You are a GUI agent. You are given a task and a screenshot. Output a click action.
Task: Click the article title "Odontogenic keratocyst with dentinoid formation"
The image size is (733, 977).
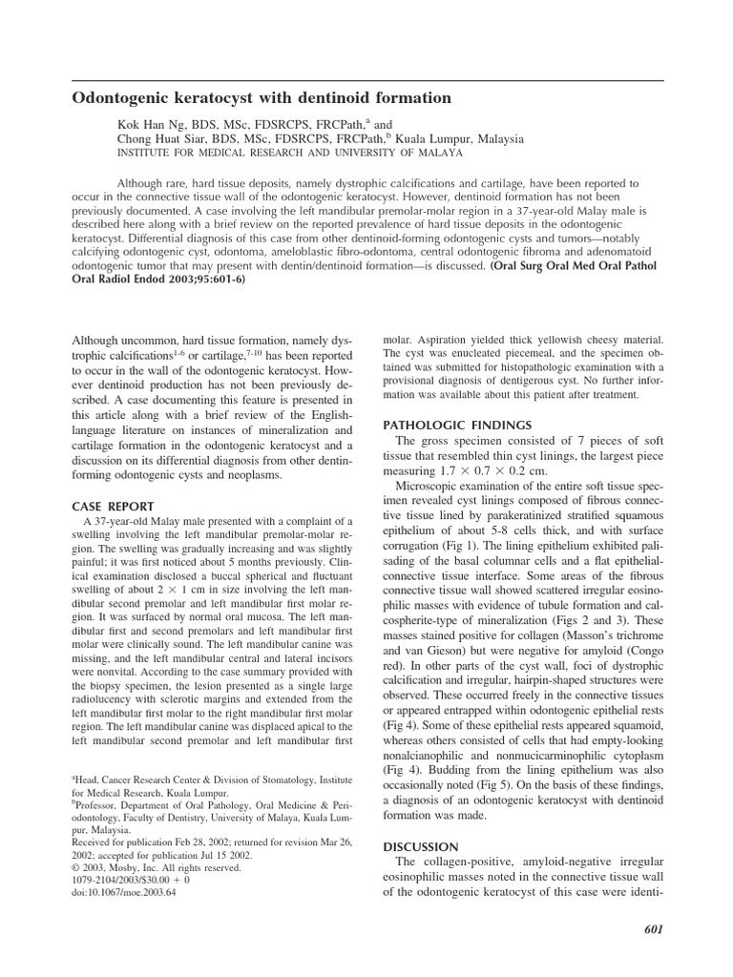point(262,98)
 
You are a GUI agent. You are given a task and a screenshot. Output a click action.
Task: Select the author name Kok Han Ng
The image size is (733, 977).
point(144,124)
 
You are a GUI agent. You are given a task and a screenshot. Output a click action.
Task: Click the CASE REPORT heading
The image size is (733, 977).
point(113,506)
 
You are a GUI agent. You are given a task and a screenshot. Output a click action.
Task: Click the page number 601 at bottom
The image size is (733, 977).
point(651,930)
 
